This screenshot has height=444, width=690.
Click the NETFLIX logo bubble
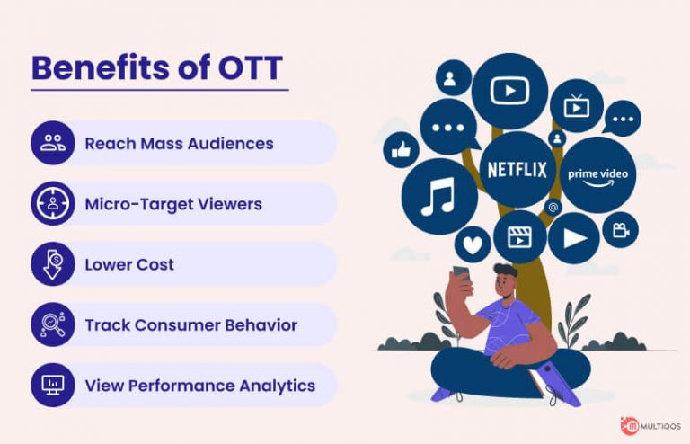tap(517, 169)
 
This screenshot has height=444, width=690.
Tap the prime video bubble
tap(597, 174)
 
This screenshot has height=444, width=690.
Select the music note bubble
tap(438, 197)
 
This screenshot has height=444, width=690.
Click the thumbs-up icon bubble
tap(401, 149)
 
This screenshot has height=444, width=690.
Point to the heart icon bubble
tap(472, 244)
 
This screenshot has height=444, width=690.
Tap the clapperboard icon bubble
tap(519, 237)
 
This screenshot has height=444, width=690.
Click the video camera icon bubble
tap(620, 230)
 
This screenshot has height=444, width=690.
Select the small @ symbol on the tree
tap(554, 208)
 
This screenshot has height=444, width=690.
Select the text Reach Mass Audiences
tap(179, 143)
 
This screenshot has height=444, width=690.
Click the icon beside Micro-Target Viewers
tap(52, 203)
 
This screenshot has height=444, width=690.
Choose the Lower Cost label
tap(129, 265)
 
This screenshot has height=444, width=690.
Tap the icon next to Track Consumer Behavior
tap(52, 324)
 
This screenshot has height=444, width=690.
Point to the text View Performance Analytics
tap(199, 386)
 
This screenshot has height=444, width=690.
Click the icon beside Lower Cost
tap(52, 264)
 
